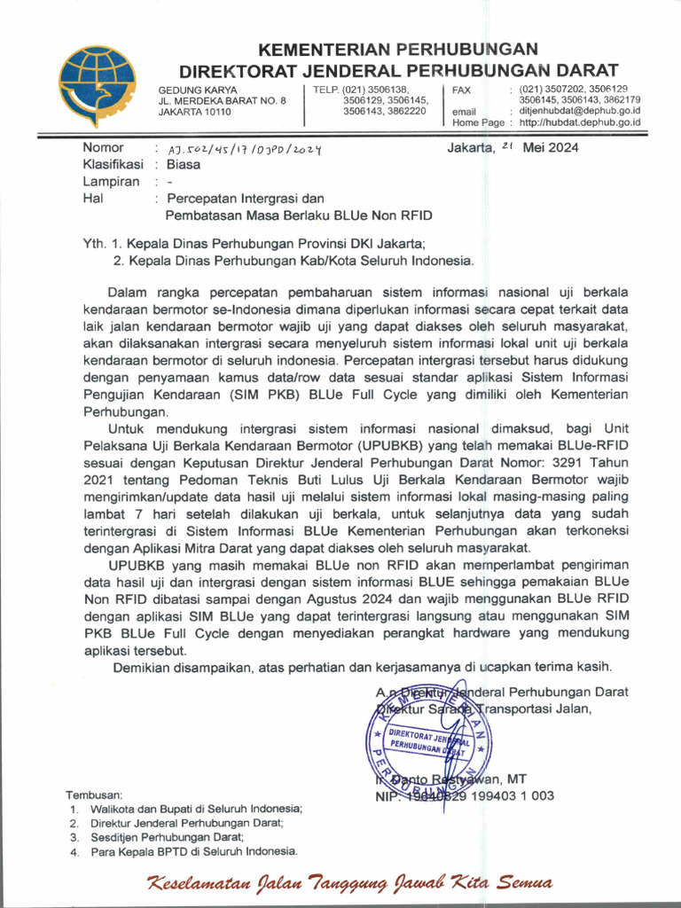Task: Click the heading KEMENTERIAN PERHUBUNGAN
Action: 398,49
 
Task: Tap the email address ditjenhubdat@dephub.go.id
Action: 580,111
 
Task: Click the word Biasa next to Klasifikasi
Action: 184,164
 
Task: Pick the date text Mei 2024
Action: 551,148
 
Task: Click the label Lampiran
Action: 111,181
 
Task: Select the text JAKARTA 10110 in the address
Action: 194,112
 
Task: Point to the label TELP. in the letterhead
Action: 326,90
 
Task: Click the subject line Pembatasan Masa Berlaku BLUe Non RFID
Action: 299,215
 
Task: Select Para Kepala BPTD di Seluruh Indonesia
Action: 193,851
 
